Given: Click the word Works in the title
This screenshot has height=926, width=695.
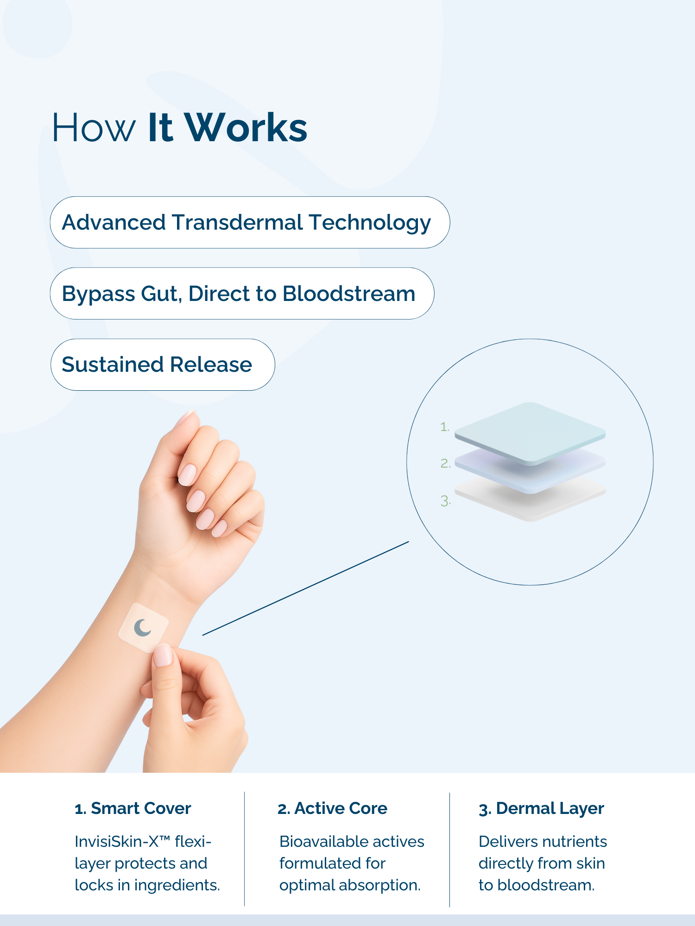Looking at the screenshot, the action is coord(246,127).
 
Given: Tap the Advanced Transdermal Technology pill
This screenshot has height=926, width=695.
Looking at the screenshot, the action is coord(250,222).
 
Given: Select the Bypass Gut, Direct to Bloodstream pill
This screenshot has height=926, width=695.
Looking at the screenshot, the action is coord(242,294).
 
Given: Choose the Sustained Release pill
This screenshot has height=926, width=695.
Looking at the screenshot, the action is coord(163,364).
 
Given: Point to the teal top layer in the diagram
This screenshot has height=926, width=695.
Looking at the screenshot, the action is coord(530,433).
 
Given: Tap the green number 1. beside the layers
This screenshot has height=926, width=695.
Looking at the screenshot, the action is coord(445,427).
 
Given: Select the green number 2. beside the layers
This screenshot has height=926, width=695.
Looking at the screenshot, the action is coord(445,463).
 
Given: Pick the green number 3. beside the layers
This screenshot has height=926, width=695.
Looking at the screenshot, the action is coord(445,501).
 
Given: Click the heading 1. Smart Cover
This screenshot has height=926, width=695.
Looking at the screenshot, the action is coord(133,808).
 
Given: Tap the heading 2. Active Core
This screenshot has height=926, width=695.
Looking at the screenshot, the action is coord(332,808).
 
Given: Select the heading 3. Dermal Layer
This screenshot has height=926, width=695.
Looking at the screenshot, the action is coord(541,809).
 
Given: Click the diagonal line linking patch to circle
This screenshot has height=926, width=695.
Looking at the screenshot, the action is coord(306,588).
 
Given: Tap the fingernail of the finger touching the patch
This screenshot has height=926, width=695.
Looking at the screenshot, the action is coord(163,655).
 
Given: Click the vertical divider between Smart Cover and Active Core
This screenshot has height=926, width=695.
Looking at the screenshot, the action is coord(245,849).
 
